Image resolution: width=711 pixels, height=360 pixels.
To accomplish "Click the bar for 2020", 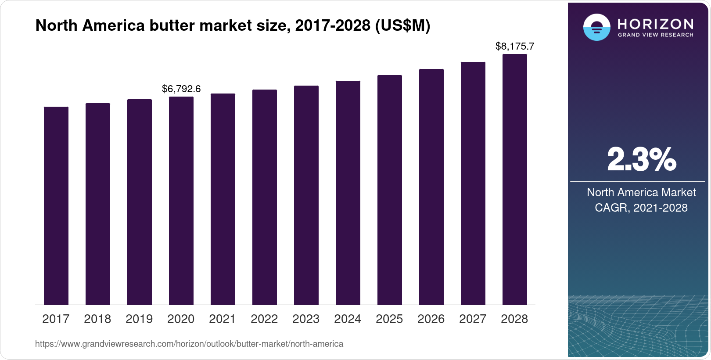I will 181,201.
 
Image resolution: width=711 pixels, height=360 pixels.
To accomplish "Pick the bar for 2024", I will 348,193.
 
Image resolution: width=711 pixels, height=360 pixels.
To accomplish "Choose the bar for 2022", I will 265,197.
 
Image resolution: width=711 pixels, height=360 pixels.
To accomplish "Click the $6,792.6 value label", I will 181,89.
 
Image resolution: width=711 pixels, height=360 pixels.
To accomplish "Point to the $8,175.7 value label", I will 515,46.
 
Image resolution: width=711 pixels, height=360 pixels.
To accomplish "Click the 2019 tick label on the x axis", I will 139,319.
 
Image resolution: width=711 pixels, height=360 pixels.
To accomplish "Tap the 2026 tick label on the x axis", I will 431,319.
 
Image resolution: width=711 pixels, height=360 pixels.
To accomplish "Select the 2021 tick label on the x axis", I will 223,319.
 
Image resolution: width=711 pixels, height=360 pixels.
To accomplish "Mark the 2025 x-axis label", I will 389,319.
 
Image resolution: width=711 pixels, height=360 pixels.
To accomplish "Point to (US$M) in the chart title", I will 402,25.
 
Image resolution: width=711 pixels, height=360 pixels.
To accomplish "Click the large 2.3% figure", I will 641,160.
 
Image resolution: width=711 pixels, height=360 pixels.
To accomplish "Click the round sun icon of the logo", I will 596,28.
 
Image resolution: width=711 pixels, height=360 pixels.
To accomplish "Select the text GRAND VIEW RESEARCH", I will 656,35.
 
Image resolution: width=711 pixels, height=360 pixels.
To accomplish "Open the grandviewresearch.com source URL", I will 189,344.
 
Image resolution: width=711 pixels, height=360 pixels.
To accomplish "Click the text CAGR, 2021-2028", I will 641,208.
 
